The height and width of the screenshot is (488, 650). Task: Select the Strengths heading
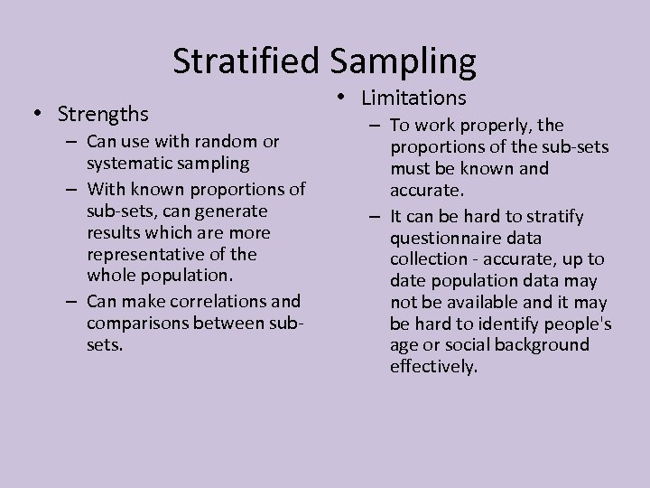tap(103, 115)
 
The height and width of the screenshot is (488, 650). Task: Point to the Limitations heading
tap(413, 97)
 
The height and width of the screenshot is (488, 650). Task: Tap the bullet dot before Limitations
tap(348, 97)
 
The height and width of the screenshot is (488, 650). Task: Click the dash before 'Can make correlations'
tap(73, 300)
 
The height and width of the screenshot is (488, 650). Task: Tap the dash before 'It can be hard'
tap(375, 216)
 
